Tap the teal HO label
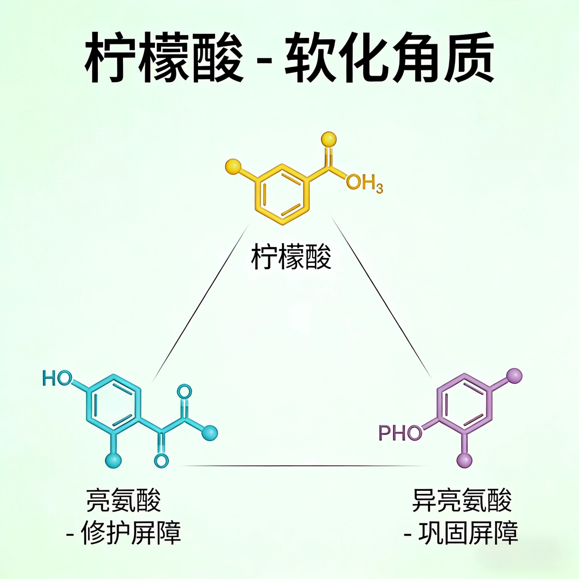57,378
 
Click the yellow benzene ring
282,194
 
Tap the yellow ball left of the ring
233,167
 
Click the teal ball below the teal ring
113,460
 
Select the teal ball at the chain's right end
210,433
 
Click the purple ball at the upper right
515,376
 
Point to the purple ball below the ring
465,460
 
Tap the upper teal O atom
184,392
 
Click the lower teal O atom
161,460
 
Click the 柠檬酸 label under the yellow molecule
291,256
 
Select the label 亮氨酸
123,500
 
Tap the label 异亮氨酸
462,500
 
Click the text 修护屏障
131,532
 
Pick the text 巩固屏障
468,532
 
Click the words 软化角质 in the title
390,57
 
